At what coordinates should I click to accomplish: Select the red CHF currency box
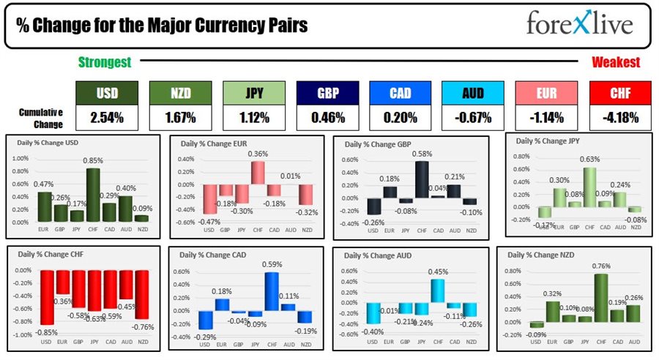click(x=619, y=93)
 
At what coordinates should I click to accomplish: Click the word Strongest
click(x=105, y=63)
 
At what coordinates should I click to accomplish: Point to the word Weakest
click(x=615, y=63)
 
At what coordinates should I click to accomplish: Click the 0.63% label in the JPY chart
click(x=590, y=160)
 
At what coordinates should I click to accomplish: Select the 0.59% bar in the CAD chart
click(x=272, y=292)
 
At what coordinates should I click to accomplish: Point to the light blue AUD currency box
click(x=473, y=93)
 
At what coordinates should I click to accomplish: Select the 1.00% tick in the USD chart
click(x=21, y=158)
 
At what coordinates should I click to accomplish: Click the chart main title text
click(x=162, y=26)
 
